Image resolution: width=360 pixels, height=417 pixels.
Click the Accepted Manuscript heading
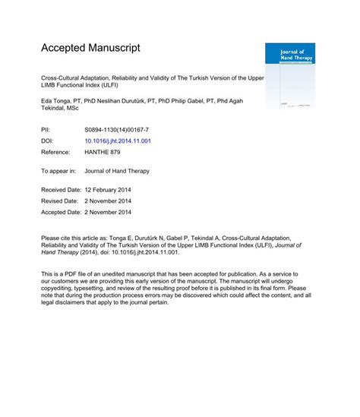[91, 47]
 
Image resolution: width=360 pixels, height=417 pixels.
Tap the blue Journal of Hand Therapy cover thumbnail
[289, 74]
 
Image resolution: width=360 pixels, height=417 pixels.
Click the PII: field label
[46, 131]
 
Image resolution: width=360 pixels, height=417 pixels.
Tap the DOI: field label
[48, 141]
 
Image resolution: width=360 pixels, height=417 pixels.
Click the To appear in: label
[59, 171]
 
